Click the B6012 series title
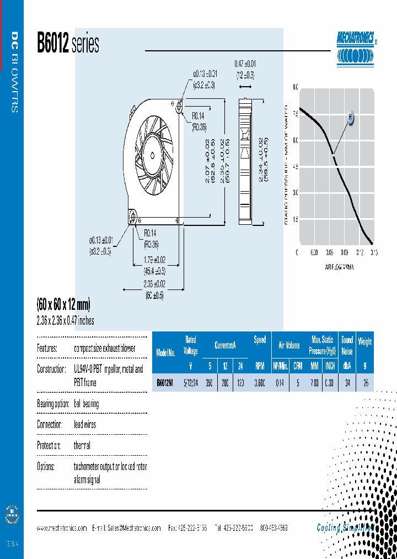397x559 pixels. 68,44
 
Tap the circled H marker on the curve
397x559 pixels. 350,117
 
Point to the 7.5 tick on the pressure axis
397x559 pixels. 295,114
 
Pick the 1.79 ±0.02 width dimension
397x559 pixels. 154,260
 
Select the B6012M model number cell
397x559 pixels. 166,382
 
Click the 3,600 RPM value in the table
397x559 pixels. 259,382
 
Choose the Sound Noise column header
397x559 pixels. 347,345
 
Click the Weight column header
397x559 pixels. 365,341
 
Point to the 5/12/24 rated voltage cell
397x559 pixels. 190,382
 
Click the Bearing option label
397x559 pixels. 52,404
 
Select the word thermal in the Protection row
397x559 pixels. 82,445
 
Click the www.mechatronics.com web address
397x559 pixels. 62,528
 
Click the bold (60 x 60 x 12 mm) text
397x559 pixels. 63,304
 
